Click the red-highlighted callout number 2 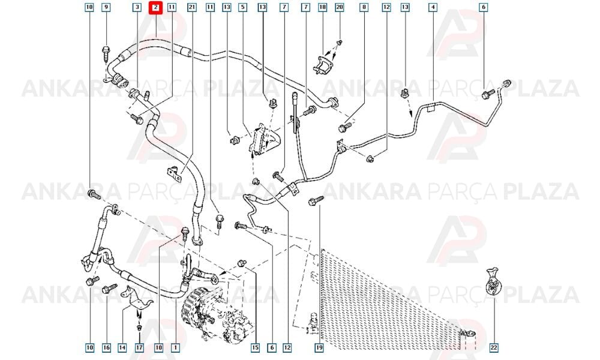coord(156,7)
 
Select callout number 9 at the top coord(106,7)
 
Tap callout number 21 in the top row coord(192,7)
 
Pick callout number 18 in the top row coord(323,7)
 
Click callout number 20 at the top coord(340,7)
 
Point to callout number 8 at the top coord(364,7)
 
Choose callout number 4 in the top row coord(433,7)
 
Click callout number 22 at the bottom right coord(494,347)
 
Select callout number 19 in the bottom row coord(319,347)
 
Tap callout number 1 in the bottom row coord(175,347)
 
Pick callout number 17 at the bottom coord(139,347)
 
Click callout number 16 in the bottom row coord(106,347)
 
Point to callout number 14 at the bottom coord(122,347)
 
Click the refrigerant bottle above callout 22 coord(493,281)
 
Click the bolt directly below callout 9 coord(106,52)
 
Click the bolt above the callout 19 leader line coord(316,200)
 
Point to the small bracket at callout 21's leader coord(174,175)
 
